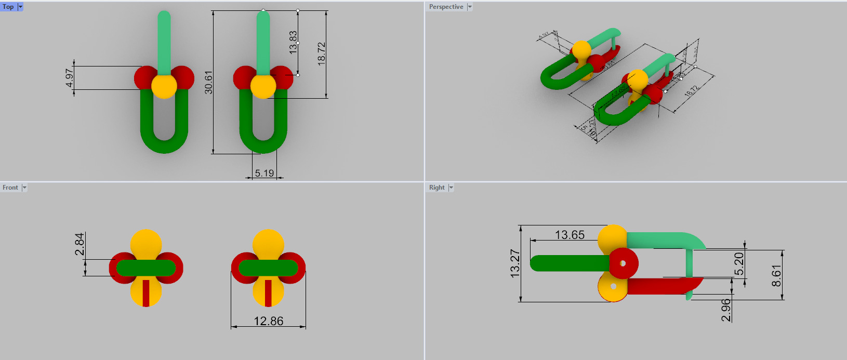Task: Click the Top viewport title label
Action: [8, 7]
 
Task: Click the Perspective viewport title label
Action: [446, 7]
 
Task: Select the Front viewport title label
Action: [10, 188]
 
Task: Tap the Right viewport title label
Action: [436, 188]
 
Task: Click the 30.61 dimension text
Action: [209, 82]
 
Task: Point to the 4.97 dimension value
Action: [70, 78]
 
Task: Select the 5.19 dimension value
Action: [264, 173]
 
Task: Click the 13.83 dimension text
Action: [293, 43]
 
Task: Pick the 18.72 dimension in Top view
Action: [321, 53]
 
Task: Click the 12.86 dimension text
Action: [268, 321]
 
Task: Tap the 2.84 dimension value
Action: [79, 244]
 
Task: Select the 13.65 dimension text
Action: [570, 235]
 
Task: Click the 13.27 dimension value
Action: [514, 263]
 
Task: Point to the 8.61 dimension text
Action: [776, 276]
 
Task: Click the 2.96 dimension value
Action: [726, 310]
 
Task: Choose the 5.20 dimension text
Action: [738, 264]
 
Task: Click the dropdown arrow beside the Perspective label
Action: [470, 7]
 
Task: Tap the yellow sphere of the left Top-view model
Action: [164, 86]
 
